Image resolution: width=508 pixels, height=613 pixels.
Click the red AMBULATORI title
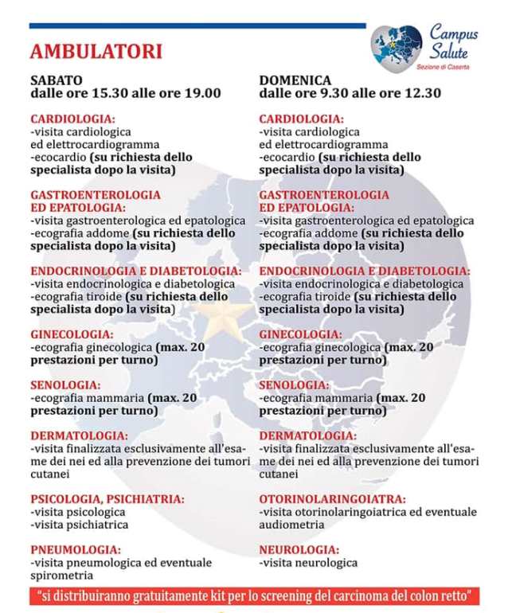pos(96,52)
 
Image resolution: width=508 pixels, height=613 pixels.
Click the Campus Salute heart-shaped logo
pos(397,47)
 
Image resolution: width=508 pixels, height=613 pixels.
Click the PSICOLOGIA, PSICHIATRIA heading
pos(107,499)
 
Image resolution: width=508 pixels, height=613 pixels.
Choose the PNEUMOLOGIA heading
pos(76,549)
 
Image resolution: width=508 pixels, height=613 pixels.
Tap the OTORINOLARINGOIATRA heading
pos(332,499)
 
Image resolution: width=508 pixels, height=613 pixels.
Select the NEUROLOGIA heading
pos(299,549)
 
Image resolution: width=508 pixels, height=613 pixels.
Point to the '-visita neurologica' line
pos(308,562)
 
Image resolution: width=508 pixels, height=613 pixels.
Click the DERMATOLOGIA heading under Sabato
pos(79,435)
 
